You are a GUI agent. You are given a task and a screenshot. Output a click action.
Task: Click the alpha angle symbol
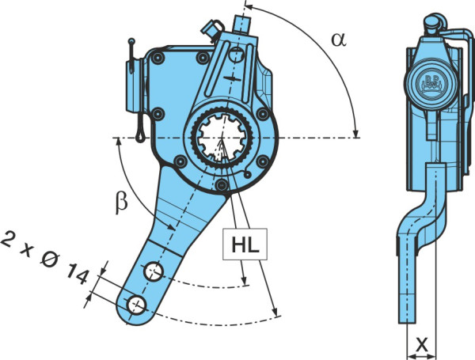click(x=339, y=40)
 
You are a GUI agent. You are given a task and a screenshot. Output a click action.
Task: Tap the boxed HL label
click(x=245, y=244)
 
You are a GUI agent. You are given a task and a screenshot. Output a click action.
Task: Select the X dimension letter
click(x=421, y=344)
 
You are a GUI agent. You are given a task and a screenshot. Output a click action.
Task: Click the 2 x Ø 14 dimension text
click(x=45, y=258)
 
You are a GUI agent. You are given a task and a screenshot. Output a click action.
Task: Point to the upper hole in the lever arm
click(x=154, y=272)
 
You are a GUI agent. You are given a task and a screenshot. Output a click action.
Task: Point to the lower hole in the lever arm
click(x=137, y=305)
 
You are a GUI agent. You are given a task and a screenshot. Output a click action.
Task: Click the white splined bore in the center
click(x=222, y=138)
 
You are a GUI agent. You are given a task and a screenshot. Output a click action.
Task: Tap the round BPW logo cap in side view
click(x=431, y=82)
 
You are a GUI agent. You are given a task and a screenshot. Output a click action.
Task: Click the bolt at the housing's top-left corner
click(x=158, y=58)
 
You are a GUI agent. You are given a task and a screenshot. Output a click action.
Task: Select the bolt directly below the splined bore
click(x=222, y=184)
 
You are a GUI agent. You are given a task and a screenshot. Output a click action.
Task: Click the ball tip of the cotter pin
click(x=131, y=41)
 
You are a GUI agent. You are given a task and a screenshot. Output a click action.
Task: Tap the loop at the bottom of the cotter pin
click(x=140, y=136)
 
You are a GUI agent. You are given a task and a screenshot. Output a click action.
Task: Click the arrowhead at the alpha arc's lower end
click(x=356, y=134)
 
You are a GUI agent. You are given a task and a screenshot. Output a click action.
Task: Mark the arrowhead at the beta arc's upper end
click(x=119, y=142)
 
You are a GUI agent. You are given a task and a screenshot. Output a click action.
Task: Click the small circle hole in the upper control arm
click(x=236, y=55)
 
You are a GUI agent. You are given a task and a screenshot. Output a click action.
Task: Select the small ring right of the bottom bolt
click(x=248, y=175)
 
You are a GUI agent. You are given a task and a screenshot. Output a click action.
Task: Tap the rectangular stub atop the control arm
click(x=241, y=25)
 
